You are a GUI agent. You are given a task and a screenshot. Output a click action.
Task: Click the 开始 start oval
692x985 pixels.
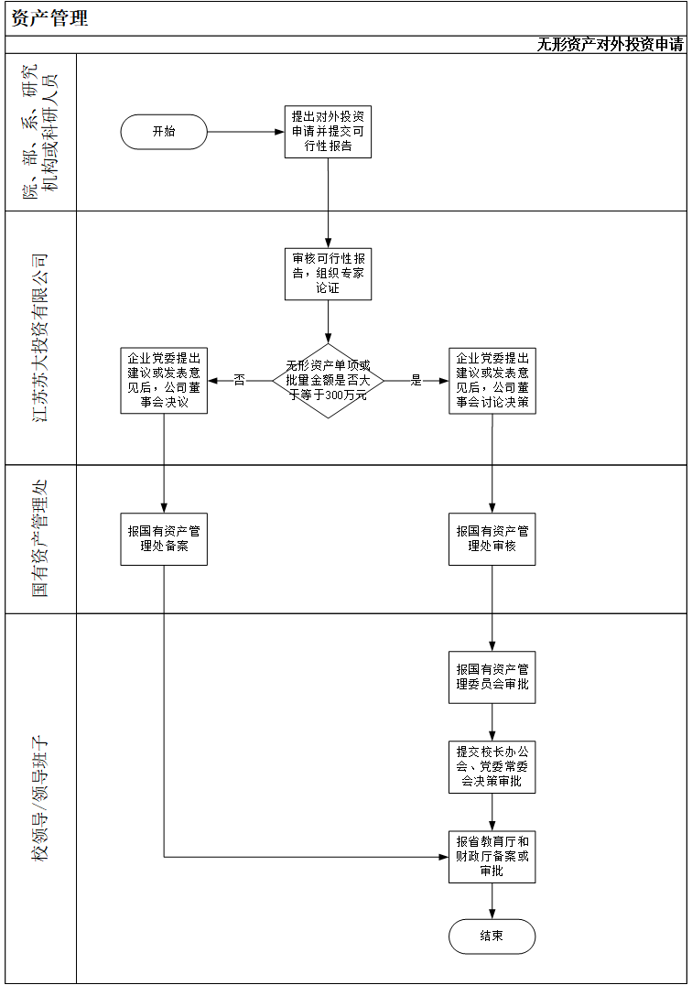(x=164, y=132)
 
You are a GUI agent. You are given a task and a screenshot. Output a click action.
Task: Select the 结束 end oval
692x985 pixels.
(x=492, y=936)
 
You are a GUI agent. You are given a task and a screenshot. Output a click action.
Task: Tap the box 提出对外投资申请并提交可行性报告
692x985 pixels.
(x=328, y=132)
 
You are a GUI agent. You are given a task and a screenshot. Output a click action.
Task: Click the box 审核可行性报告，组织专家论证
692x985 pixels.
(x=328, y=274)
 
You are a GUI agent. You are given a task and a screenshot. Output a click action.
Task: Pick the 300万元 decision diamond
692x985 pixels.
(x=328, y=380)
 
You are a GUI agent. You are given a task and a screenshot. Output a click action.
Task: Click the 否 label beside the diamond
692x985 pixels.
(x=239, y=380)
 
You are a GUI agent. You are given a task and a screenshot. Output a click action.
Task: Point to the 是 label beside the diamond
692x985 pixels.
(x=416, y=380)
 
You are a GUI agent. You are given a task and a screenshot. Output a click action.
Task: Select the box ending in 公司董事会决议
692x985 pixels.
(x=164, y=380)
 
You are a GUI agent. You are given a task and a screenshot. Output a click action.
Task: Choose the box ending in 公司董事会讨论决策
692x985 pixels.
(x=492, y=380)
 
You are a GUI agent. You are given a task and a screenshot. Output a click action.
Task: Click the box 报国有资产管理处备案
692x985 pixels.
(x=164, y=538)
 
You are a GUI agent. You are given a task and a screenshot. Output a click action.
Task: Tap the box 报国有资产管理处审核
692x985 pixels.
(x=492, y=538)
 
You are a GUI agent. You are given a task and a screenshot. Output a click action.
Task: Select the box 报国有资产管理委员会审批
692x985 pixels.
(x=492, y=677)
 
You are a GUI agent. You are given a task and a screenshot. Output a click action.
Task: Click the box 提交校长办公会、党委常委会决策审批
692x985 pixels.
(x=492, y=766)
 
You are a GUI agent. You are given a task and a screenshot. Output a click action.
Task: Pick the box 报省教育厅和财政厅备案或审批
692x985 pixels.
(x=492, y=856)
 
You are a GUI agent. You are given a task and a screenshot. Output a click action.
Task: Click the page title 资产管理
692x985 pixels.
(x=50, y=18)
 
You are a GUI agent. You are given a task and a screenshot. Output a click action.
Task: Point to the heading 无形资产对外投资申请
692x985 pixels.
(x=610, y=45)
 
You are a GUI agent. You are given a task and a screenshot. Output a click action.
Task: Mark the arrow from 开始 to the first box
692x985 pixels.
(x=245, y=132)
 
